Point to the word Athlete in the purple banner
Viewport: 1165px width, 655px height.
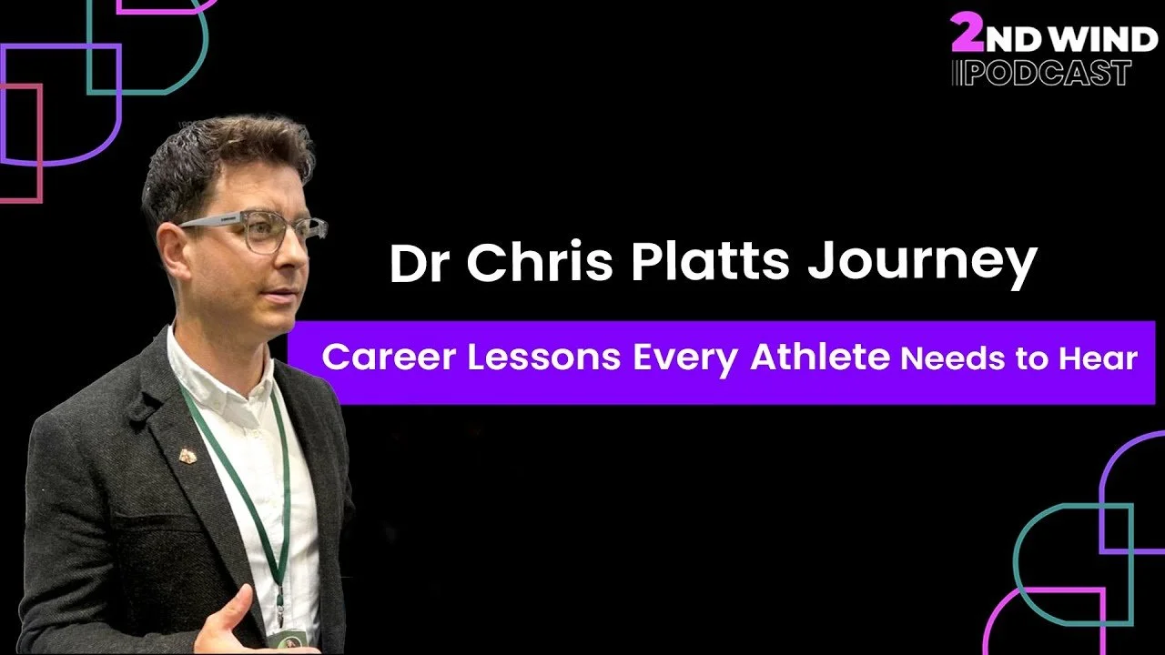818,358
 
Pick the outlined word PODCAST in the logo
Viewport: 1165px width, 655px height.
1048,73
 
